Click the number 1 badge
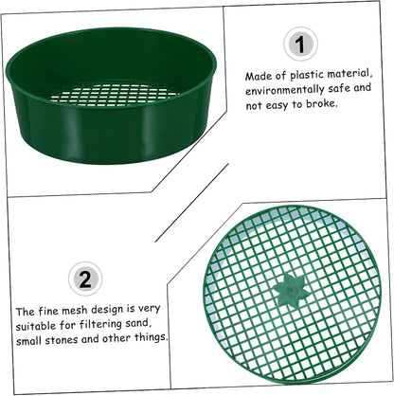tap(300, 44)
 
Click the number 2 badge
tap(85, 279)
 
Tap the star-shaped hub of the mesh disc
tap(289, 290)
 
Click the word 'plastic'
tap(307, 76)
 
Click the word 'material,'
tap(350, 74)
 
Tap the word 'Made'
tap(256, 77)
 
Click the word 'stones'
tap(62, 340)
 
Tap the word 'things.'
tap(151, 337)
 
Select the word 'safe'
tap(339, 88)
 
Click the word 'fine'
tap(47, 312)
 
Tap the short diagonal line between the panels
tap(191, 203)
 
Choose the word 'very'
tap(149, 309)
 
